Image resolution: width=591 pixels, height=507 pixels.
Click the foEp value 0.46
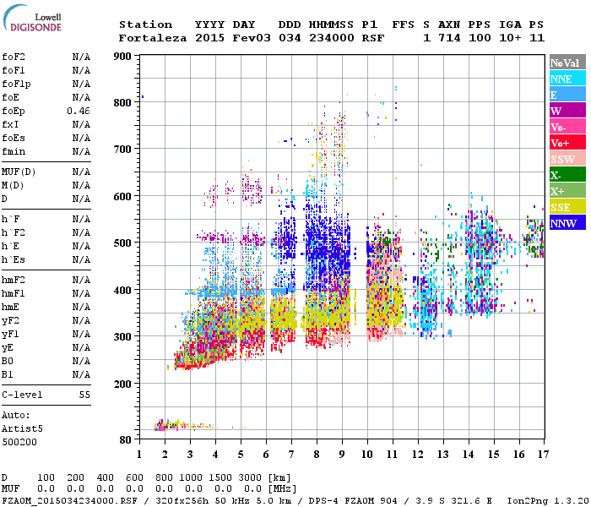79,111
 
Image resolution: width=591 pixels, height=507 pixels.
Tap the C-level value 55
84,395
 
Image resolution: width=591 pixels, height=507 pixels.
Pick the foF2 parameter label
14,57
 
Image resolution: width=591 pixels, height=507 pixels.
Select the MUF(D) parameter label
18,172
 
